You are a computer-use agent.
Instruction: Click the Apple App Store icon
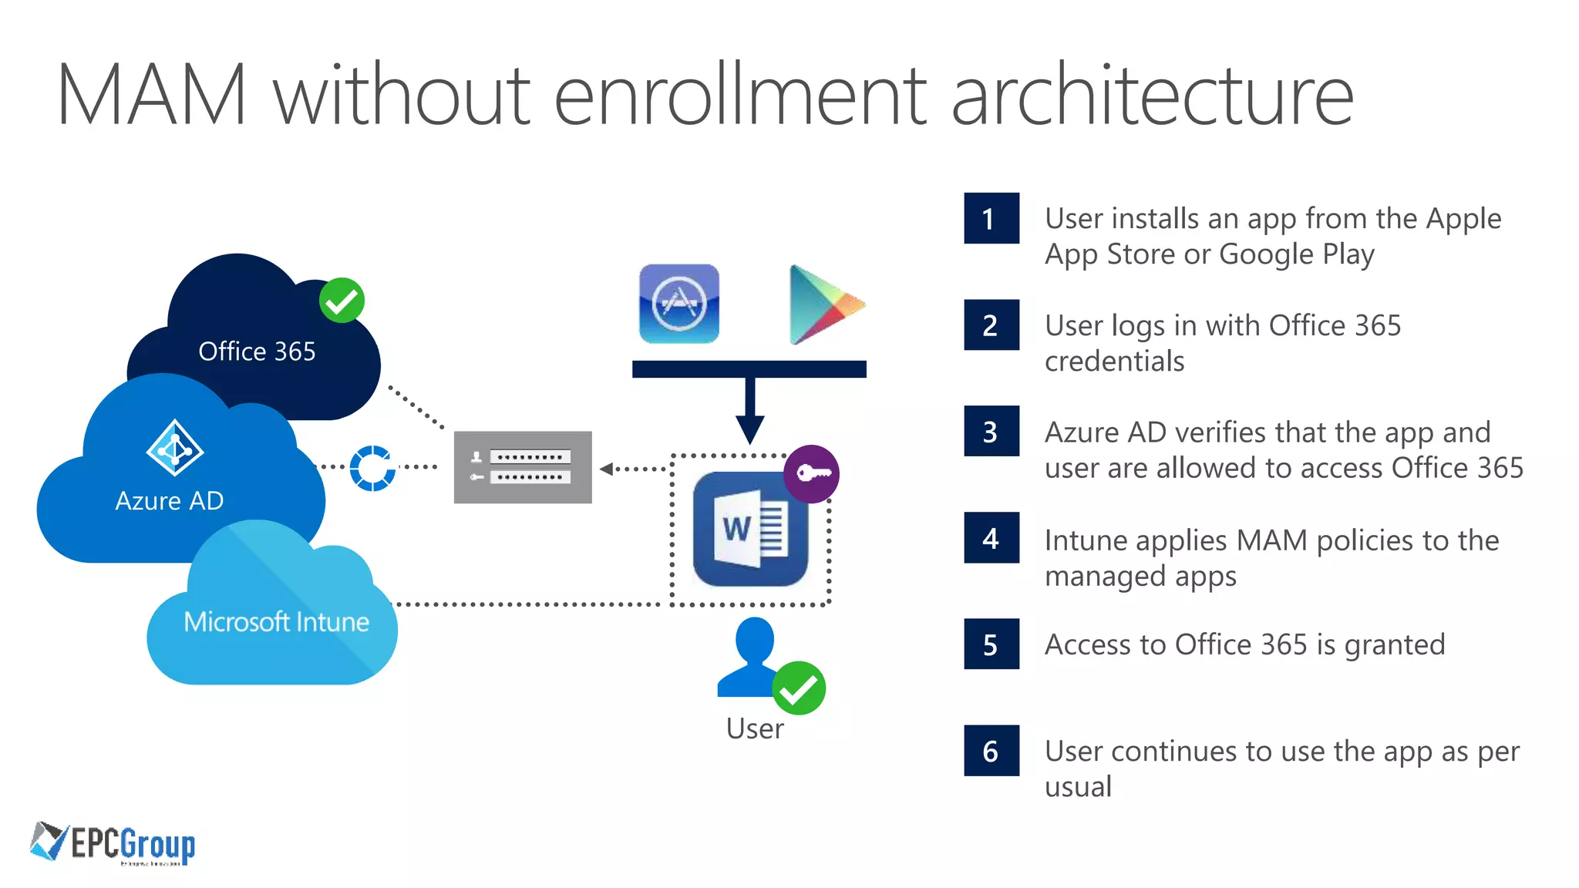[678, 304]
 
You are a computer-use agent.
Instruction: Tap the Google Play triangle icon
[822, 305]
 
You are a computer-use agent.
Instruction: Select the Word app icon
[749, 529]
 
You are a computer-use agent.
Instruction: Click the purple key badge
[811, 473]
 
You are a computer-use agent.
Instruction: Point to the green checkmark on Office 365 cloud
[342, 301]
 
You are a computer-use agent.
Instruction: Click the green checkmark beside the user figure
[799, 688]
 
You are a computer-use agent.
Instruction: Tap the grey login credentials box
[523, 467]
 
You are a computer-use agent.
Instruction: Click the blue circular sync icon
[372, 468]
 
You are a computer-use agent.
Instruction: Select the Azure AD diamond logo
[175, 448]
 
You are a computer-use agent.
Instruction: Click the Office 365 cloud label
[257, 351]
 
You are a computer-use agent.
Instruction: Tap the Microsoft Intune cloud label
[276, 622]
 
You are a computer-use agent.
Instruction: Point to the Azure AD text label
[169, 501]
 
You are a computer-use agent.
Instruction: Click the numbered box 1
[991, 219]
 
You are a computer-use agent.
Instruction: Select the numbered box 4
[991, 538]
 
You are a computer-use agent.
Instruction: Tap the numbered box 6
[991, 751]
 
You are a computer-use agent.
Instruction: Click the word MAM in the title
[152, 96]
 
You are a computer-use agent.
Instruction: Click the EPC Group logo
[113, 843]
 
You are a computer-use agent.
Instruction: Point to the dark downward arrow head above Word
[749, 429]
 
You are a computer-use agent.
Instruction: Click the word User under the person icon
[754, 729]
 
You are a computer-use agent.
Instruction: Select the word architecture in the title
[1152, 96]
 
